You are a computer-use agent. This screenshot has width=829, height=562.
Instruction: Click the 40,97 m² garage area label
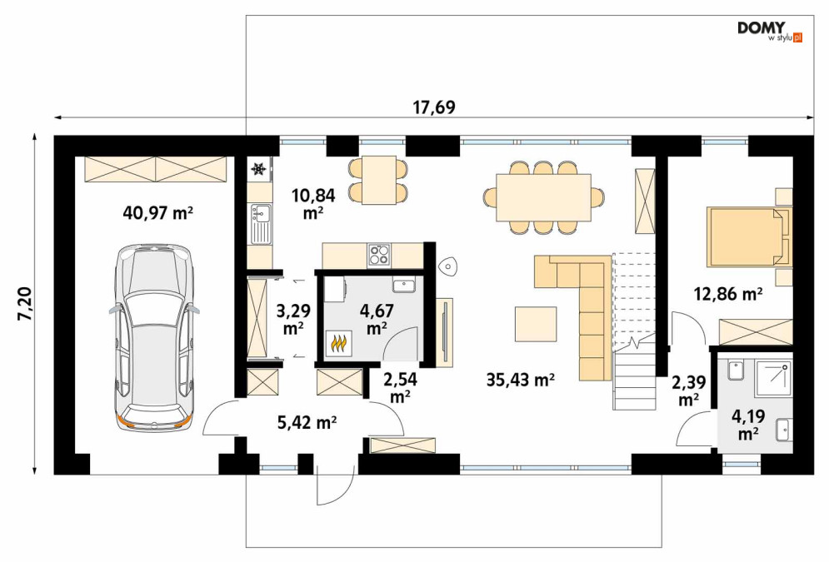tap(157, 213)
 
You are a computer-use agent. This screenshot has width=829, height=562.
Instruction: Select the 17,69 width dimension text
tap(433, 107)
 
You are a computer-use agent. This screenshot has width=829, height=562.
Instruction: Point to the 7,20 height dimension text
tap(24, 304)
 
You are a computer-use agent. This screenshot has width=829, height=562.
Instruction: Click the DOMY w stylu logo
tap(770, 31)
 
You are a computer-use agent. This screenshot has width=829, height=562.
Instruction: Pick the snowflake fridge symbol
tap(258, 169)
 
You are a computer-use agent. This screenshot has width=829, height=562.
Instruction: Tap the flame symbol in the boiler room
tap(339, 343)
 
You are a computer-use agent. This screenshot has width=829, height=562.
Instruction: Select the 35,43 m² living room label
tap(520, 379)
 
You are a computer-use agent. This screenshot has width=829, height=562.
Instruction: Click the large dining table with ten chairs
tap(543, 197)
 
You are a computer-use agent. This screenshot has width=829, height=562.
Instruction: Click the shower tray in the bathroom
tap(773, 378)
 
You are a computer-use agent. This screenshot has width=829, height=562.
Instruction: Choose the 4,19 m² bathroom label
tap(748, 424)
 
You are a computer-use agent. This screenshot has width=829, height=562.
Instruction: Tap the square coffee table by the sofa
tap(536, 324)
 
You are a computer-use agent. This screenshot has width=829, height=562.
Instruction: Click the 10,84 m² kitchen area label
tap(313, 203)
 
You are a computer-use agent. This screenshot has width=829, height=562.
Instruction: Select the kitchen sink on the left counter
tap(260, 224)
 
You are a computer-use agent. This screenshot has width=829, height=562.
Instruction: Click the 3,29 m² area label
tap(293, 319)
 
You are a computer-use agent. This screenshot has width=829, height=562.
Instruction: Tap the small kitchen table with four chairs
tap(378, 180)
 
